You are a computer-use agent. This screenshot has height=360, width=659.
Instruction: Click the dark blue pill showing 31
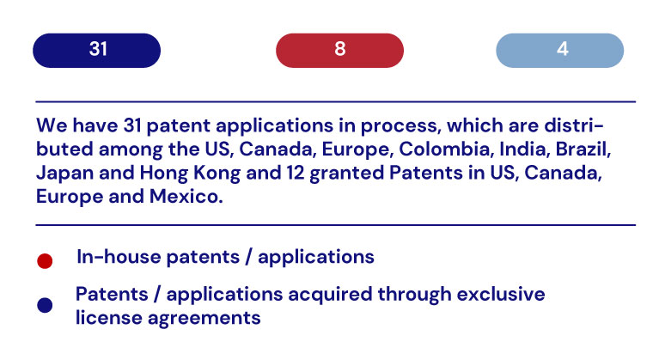coord(97,51)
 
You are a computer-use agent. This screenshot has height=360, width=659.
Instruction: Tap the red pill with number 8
coord(339,51)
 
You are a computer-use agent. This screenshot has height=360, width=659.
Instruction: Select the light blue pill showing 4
coord(560,51)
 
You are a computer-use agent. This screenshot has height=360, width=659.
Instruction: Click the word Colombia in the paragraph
coord(446,149)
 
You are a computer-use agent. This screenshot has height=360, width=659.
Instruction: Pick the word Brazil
coord(583,149)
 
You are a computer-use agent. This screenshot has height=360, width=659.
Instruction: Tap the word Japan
coord(64,174)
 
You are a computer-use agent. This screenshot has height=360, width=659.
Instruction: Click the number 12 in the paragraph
coord(296,173)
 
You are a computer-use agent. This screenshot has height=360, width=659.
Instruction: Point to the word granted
coord(347,174)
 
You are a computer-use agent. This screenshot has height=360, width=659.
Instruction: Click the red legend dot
coord(45,261)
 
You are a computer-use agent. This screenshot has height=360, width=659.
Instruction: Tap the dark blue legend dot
coord(45,305)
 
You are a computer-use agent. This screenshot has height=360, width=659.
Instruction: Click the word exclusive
coord(501,294)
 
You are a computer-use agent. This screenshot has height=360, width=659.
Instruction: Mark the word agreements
coord(204,319)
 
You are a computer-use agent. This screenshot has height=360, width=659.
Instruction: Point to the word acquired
coord(330,295)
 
